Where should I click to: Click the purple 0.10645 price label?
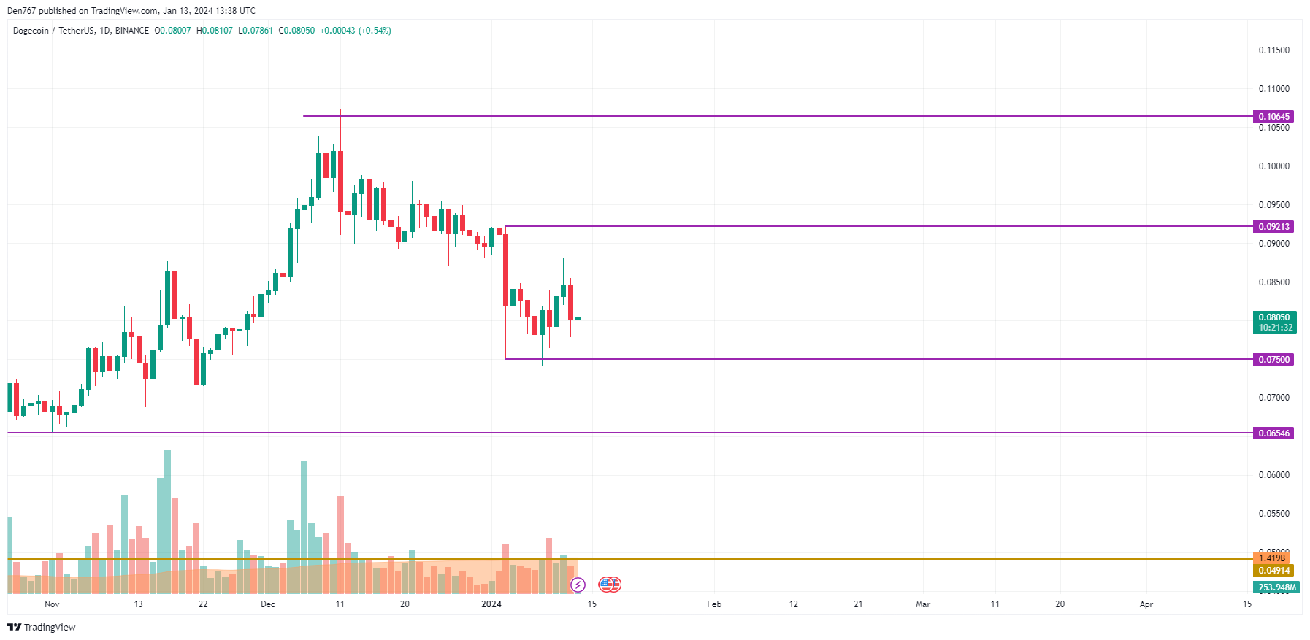pos(1273,117)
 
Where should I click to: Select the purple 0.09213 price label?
pos(1273,227)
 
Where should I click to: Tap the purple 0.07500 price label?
pos(1273,360)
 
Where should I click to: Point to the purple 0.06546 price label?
pos(1273,433)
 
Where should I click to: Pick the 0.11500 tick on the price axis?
pos(1273,50)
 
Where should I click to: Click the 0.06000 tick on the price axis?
pos(1273,475)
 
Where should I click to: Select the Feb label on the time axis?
pos(714,604)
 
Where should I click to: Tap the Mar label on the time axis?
pos(923,604)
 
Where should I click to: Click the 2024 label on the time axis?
pos(491,604)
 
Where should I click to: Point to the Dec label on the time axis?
pos(268,604)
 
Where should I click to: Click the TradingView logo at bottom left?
pos(42,628)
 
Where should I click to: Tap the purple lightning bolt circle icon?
pos(578,585)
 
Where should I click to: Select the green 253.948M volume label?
pos(1276,587)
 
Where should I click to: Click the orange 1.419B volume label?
pos(1271,558)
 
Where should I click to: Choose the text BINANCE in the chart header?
pos(132,31)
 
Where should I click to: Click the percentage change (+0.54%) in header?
pos(375,31)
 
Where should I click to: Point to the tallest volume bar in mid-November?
pos(168,511)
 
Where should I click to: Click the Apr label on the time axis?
pos(1146,604)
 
